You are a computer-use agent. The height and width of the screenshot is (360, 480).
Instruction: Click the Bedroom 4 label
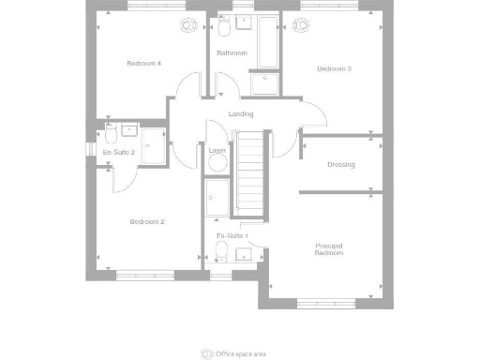tap(144, 64)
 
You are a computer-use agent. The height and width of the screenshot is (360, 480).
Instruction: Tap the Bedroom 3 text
tap(334, 68)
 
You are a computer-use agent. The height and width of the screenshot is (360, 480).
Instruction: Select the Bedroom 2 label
tap(147, 222)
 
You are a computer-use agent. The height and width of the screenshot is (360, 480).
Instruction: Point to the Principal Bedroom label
tap(328, 249)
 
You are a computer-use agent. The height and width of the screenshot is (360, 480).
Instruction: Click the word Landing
tap(240, 114)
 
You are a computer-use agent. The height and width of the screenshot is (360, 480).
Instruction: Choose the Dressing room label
tap(340, 165)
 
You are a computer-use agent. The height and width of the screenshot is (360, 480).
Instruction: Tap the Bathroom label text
tap(232, 53)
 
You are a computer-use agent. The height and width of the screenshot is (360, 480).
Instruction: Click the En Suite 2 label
tap(119, 152)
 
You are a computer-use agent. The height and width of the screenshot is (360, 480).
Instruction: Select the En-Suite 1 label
tap(232, 235)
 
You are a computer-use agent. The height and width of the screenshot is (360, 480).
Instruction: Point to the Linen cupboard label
tap(217, 150)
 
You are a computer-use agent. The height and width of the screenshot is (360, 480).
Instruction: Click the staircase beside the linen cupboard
tap(249, 173)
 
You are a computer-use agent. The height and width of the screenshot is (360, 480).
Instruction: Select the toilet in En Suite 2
tap(111, 132)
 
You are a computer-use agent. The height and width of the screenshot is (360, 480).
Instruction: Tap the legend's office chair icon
tap(206, 353)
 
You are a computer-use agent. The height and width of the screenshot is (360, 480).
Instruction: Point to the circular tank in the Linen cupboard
tap(218, 162)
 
